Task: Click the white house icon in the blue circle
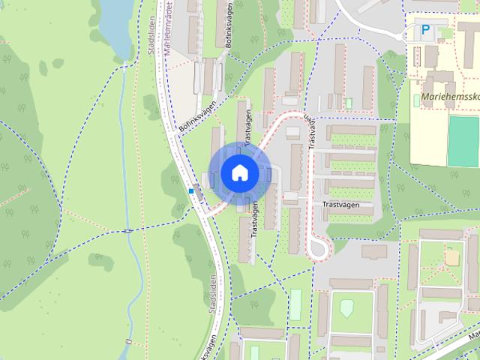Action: point(239,173)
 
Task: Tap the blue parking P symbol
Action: point(425,31)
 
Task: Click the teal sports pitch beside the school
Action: point(463,140)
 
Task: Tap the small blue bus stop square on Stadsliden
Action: point(192,191)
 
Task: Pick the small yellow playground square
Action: point(451,257)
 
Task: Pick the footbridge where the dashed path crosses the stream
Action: point(129,230)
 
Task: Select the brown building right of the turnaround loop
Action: point(374,251)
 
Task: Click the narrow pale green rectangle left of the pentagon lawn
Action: point(295,304)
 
